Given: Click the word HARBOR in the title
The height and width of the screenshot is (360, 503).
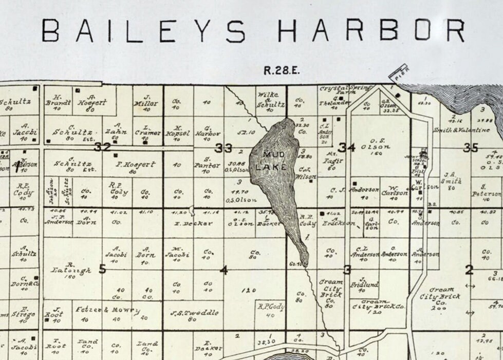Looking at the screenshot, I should [371, 31].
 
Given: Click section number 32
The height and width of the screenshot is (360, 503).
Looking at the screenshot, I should [103, 147].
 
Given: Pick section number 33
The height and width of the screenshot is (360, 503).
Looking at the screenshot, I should [223, 149].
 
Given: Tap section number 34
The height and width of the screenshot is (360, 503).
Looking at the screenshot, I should [347, 148].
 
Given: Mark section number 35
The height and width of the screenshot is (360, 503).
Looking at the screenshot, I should [471, 148].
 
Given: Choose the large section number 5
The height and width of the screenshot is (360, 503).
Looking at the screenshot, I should [102, 268].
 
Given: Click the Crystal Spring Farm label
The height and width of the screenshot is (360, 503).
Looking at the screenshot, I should [345, 88].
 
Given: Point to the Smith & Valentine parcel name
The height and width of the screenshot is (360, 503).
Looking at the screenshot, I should [461, 130].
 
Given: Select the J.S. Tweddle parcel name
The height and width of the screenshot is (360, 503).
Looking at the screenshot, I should [194, 313].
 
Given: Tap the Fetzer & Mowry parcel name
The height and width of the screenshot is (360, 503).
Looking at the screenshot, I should [108, 310].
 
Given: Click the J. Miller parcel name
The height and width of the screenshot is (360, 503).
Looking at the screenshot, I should [147, 100].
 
